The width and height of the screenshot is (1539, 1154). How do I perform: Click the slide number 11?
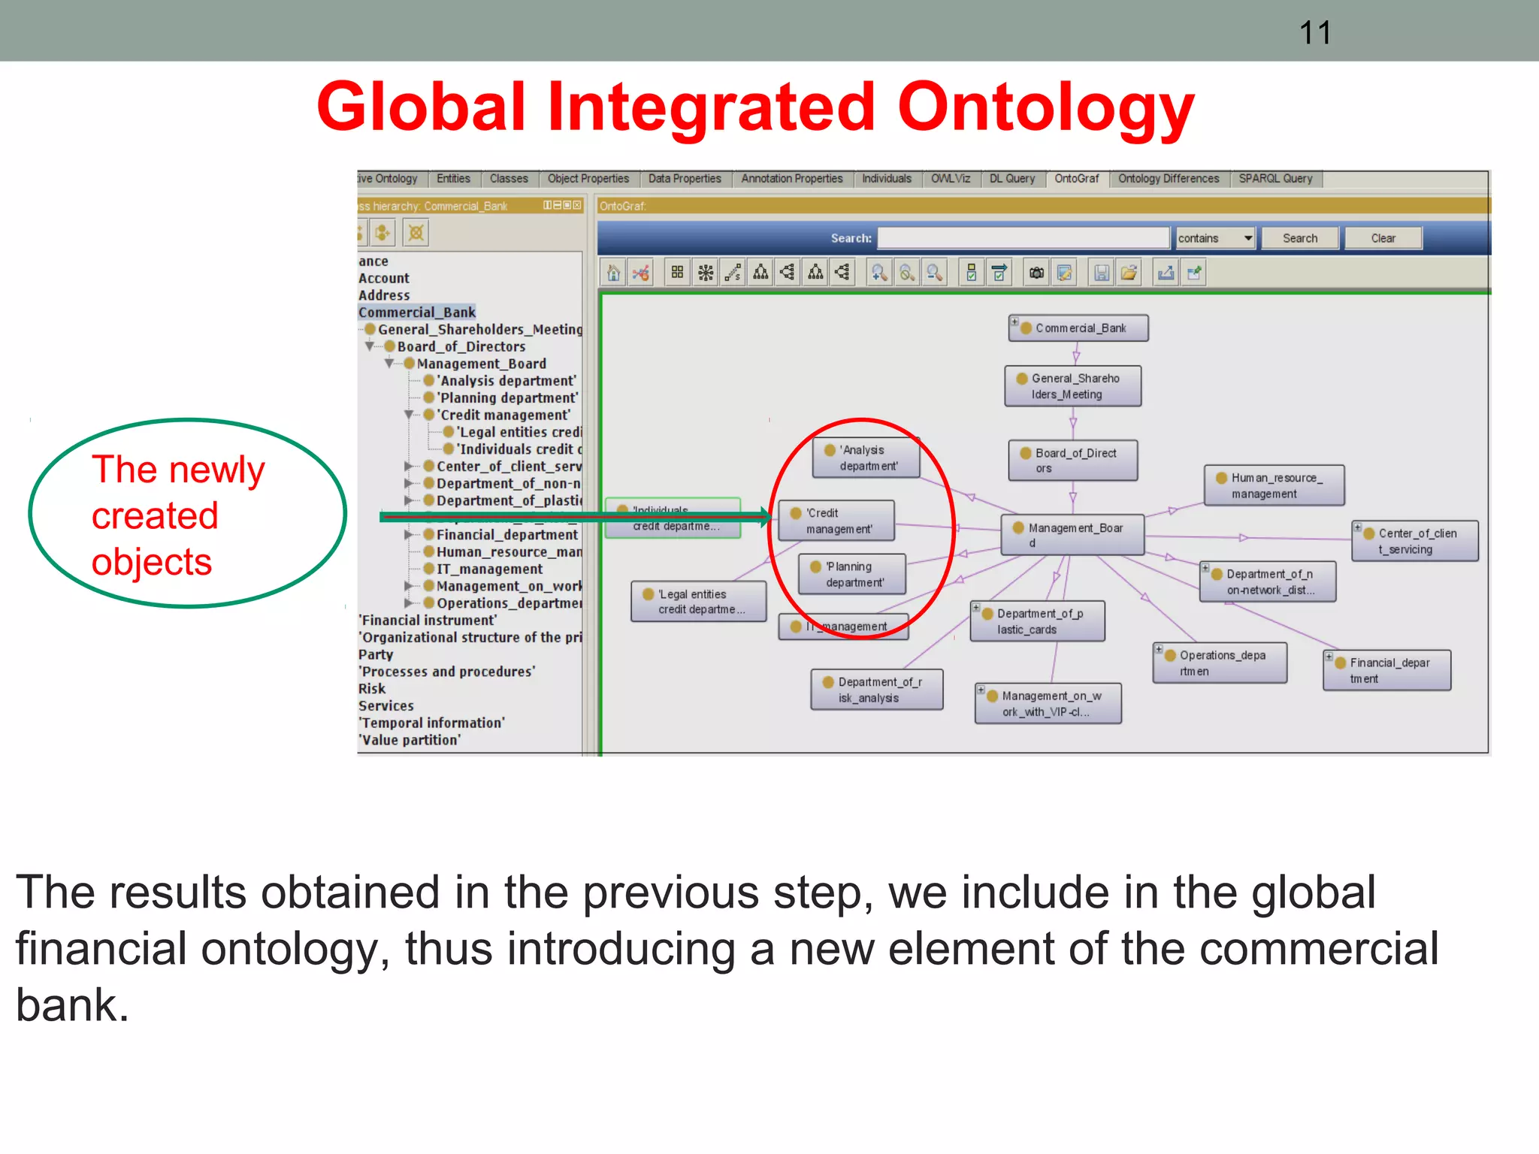pos(1315,33)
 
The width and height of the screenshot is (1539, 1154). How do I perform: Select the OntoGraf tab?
pos(1076,179)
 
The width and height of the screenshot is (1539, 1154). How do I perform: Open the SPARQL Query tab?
pos(1275,179)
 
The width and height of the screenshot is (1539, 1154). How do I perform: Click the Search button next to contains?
pos(1299,238)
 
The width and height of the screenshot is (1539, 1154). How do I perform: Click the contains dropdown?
pos(1215,238)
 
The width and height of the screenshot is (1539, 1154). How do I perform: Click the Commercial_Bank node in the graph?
pos(1079,328)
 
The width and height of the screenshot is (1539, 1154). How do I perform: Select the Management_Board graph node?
pos(1073,535)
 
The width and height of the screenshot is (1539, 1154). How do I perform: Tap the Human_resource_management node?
pos(1274,485)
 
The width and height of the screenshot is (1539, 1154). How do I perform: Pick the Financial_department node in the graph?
pos(1387,670)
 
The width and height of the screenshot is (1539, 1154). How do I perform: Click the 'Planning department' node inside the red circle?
pos(852,574)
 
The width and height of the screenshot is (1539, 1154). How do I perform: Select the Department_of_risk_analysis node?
pos(877,690)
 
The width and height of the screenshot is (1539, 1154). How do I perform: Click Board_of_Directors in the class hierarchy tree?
pos(461,346)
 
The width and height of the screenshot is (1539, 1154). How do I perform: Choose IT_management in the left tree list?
pos(489,569)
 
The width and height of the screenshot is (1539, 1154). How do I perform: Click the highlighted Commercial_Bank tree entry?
pos(417,312)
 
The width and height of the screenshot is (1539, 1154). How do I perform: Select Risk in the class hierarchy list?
pos(372,688)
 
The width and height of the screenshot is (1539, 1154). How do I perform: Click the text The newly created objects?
pos(177,515)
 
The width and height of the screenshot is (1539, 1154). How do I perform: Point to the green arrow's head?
pos(766,516)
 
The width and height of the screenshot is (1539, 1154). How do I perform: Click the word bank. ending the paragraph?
pos(72,1005)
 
